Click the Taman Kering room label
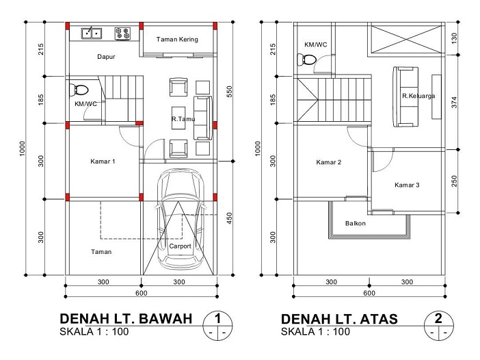pyautogui.click(x=177, y=39)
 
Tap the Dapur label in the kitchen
pyautogui.click(x=106, y=57)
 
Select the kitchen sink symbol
pyautogui.click(x=92, y=33)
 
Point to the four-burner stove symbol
pyautogui.click(x=122, y=34)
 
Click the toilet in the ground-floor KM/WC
pyautogui.click(x=79, y=90)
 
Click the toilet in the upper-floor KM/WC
pyautogui.click(x=306, y=60)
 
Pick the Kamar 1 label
pyautogui.click(x=103, y=162)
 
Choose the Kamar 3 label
pyautogui.click(x=407, y=185)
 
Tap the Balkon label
pyautogui.click(x=356, y=223)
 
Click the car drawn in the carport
pyautogui.click(x=181, y=219)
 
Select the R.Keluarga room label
pyautogui.click(x=418, y=96)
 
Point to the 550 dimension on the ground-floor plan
pyautogui.click(x=230, y=92)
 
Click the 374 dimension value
pyautogui.click(x=454, y=102)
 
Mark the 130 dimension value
pyautogui.click(x=454, y=38)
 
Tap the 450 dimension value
pyautogui.click(x=230, y=218)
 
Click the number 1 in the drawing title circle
pyautogui.click(x=217, y=318)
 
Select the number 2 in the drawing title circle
pyautogui.click(x=438, y=318)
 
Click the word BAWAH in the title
pyautogui.click(x=165, y=319)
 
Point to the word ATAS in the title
pyautogui.click(x=379, y=319)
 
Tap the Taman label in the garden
pyautogui.click(x=101, y=252)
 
